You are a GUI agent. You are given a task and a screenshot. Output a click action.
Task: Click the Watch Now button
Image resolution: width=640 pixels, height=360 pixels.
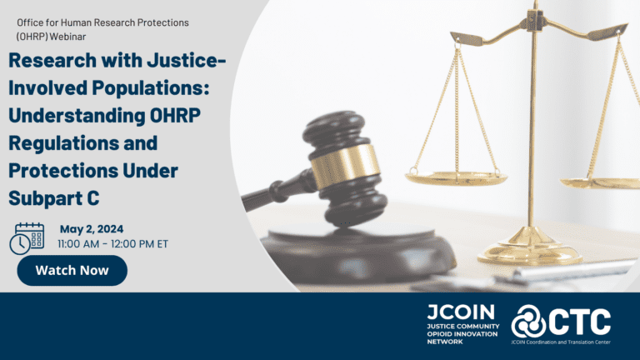click(72, 271)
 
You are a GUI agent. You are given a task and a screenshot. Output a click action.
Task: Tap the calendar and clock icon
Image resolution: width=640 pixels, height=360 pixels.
click(27, 238)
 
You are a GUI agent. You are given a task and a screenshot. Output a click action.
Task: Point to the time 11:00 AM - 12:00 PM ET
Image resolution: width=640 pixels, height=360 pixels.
click(113, 244)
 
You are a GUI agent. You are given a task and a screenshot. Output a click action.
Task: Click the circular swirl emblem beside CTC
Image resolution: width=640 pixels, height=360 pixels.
click(527, 322)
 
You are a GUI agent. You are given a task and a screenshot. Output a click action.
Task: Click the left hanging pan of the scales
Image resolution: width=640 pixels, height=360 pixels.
click(456, 177)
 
